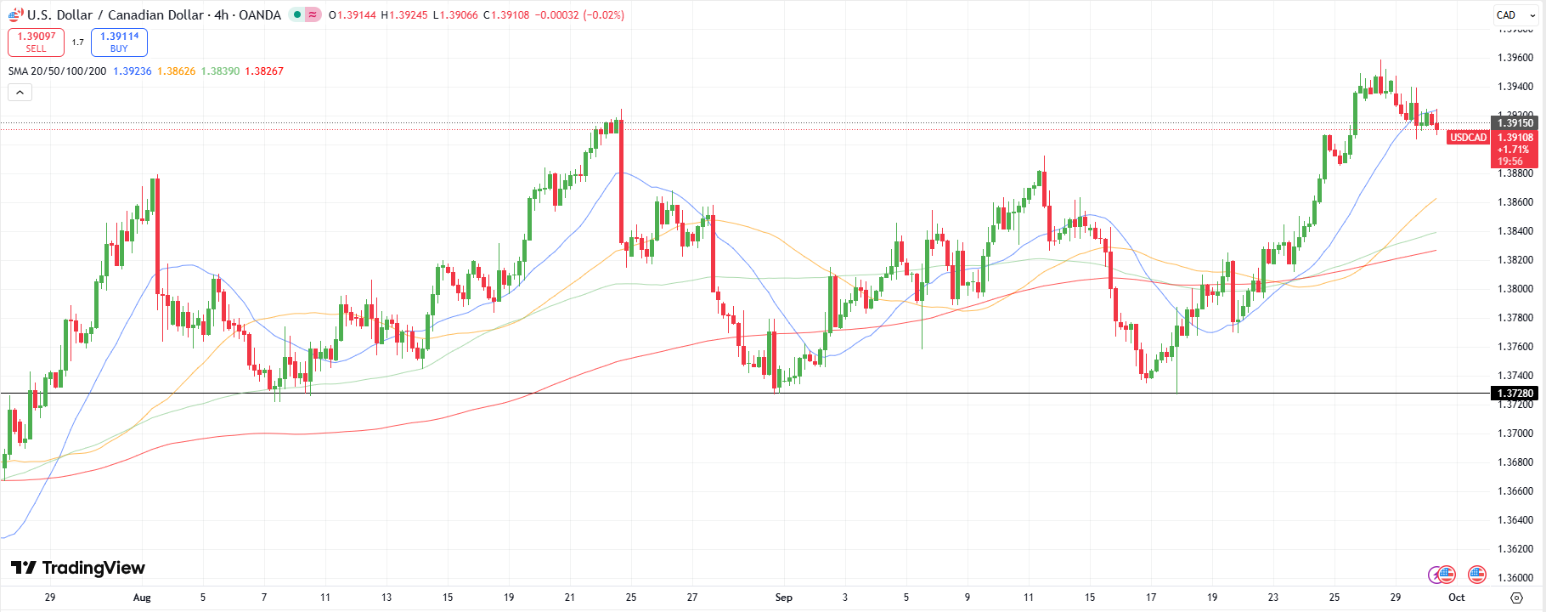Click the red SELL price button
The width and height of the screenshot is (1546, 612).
point(36,42)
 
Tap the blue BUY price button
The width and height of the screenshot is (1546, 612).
point(119,42)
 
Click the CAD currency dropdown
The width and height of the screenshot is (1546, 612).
point(1515,14)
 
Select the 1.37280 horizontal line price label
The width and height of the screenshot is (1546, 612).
point(1515,394)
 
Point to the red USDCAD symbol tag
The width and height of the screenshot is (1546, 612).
point(1468,138)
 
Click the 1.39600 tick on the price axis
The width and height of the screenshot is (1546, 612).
point(1515,58)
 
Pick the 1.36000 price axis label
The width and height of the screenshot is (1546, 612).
point(1515,578)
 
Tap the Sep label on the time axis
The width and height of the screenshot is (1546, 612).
point(783,598)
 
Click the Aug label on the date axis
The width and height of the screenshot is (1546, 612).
point(142,598)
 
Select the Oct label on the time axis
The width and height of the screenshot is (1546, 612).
point(1456,598)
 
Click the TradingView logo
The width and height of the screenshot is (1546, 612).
point(78,568)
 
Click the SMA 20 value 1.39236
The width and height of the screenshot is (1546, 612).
point(133,71)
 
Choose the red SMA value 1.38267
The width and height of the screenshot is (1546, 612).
point(264,71)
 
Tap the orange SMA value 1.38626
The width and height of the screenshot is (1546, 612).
point(176,71)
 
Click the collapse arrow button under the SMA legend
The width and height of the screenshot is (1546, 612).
point(20,92)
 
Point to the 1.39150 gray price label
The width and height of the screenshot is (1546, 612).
point(1515,123)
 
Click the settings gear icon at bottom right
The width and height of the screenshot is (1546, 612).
point(1516,598)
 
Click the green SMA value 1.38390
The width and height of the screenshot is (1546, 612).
point(220,71)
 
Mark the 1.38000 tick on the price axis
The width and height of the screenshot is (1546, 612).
point(1515,289)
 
